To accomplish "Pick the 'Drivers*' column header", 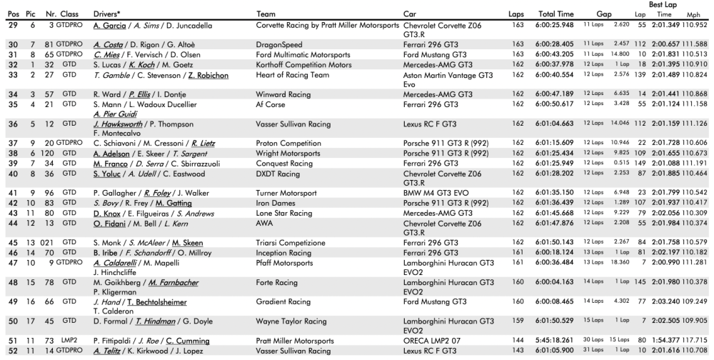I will pos(107,14).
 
